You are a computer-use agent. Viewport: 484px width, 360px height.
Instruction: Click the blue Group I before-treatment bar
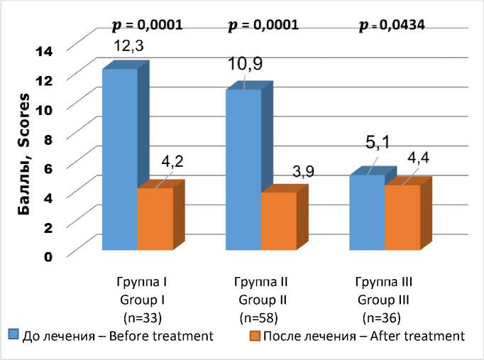(x=120, y=159)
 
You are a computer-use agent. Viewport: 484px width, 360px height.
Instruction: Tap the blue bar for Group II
(x=243, y=170)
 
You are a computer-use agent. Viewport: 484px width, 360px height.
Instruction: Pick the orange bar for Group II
(x=278, y=221)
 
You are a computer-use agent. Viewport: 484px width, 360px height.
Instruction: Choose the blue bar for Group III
(x=367, y=212)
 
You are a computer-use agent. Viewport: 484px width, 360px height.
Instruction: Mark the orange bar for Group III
(x=402, y=217)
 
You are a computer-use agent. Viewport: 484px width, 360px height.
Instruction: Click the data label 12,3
(x=130, y=46)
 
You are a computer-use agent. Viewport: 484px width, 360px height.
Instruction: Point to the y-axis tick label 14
(x=44, y=50)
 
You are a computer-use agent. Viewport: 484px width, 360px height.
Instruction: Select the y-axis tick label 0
(x=48, y=256)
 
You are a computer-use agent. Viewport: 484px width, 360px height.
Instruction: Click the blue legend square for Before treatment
(x=13, y=334)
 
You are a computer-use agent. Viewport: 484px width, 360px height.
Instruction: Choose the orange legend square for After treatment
(x=253, y=334)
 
